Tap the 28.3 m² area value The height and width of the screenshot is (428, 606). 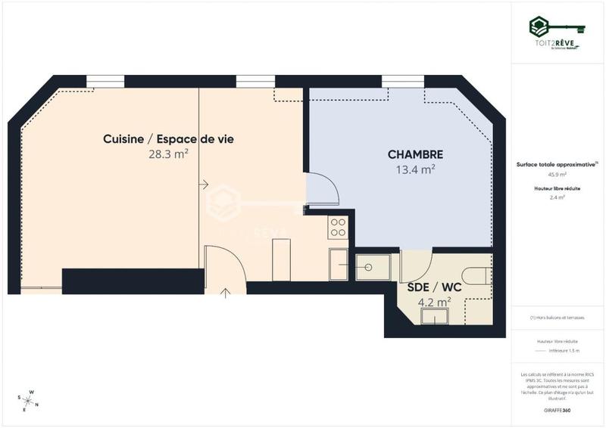(168, 154)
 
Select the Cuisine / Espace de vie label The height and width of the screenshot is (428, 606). (168, 139)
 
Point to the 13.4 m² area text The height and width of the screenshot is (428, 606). (415, 169)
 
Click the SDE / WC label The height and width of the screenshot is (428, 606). (423, 288)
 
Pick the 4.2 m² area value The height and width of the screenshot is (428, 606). (434, 301)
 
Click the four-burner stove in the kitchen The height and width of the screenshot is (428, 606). (338, 228)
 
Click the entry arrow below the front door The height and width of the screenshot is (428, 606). (225, 292)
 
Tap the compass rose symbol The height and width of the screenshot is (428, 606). (28, 400)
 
